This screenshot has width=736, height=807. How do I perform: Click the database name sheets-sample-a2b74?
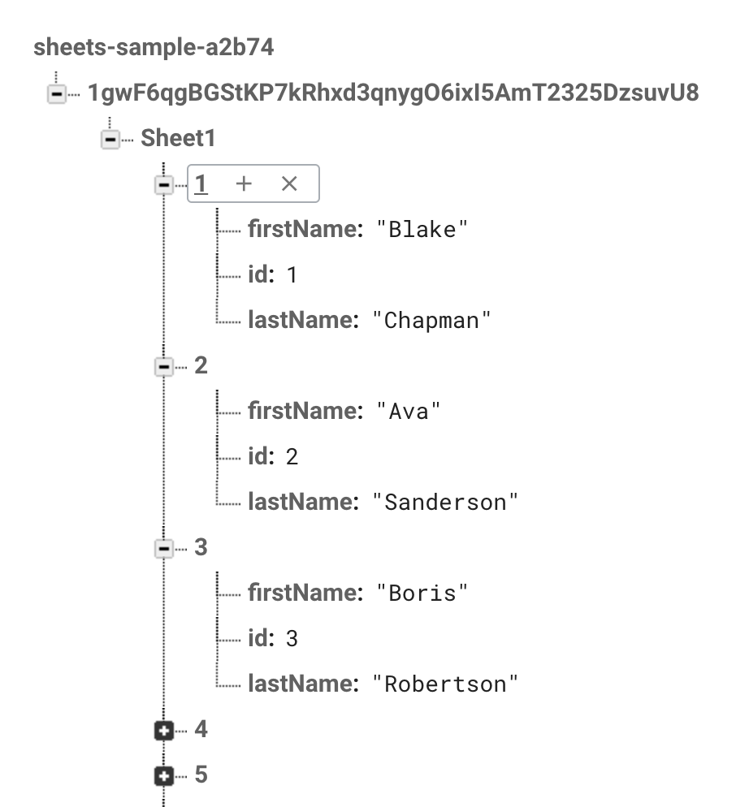pos(154,47)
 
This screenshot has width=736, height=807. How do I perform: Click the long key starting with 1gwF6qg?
pos(392,93)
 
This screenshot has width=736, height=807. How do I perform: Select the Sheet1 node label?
pos(178,139)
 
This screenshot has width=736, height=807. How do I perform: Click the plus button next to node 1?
pos(243,184)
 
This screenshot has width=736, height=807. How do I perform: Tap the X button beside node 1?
pos(289,184)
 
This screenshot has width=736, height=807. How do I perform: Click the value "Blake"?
pos(422,230)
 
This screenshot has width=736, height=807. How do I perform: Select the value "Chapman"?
pos(432,321)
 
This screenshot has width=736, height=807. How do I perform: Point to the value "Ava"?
pos(408,412)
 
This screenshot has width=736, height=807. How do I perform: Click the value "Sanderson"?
pos(444,503)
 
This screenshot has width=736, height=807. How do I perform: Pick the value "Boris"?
pos(422,593)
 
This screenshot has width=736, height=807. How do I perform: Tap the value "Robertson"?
pos(444,684)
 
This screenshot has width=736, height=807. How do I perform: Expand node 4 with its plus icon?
pos(164,731)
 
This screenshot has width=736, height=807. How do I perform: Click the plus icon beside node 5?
pos(164,776)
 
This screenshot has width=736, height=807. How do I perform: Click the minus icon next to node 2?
pos(164,367)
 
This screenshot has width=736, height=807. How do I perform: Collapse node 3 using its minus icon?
pos(164,549)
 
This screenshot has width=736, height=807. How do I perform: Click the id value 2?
pos(292,457)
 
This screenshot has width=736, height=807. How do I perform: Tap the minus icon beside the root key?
pos(56,95)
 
